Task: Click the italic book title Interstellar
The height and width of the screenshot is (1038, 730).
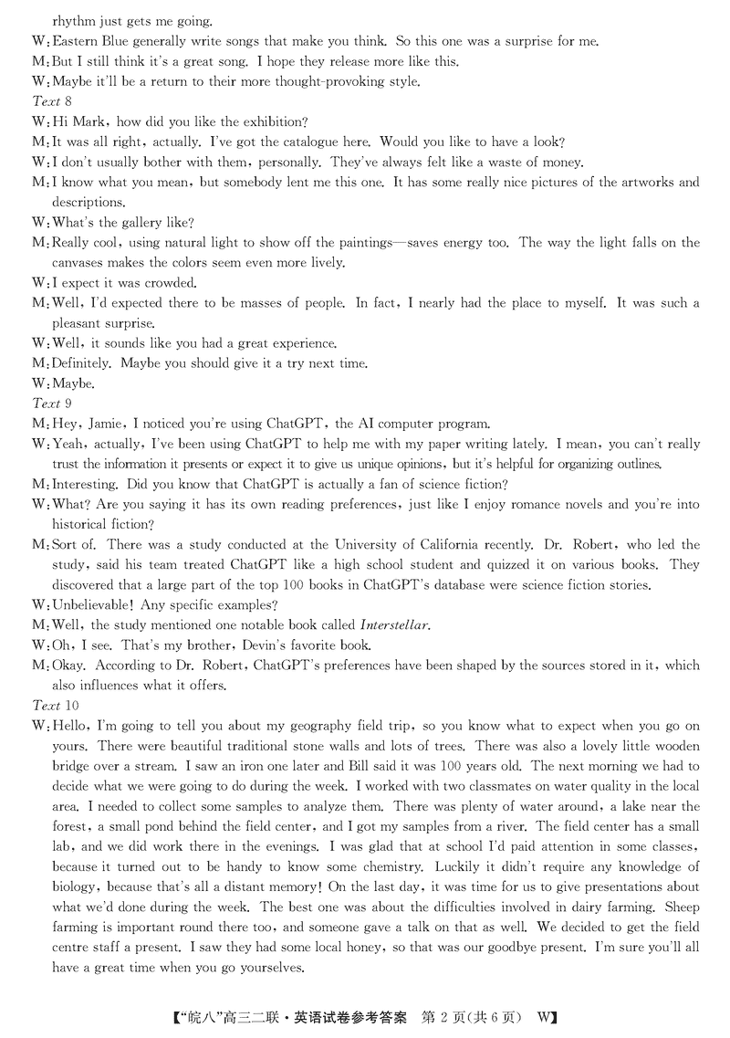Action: [393, 625]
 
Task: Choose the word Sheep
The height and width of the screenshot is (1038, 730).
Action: [683, 907]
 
